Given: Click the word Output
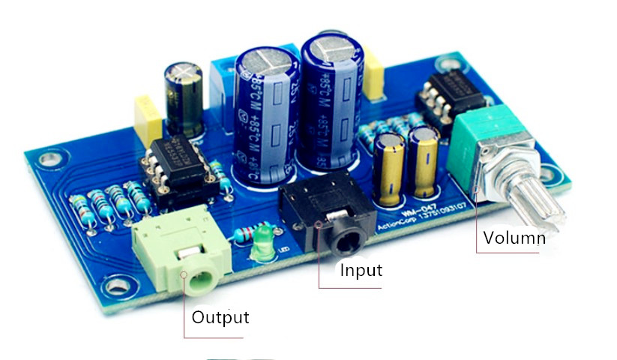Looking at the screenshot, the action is click(220, 316).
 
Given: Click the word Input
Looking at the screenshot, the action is click(361, 270).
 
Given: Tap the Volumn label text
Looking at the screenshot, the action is click(514, 238).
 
